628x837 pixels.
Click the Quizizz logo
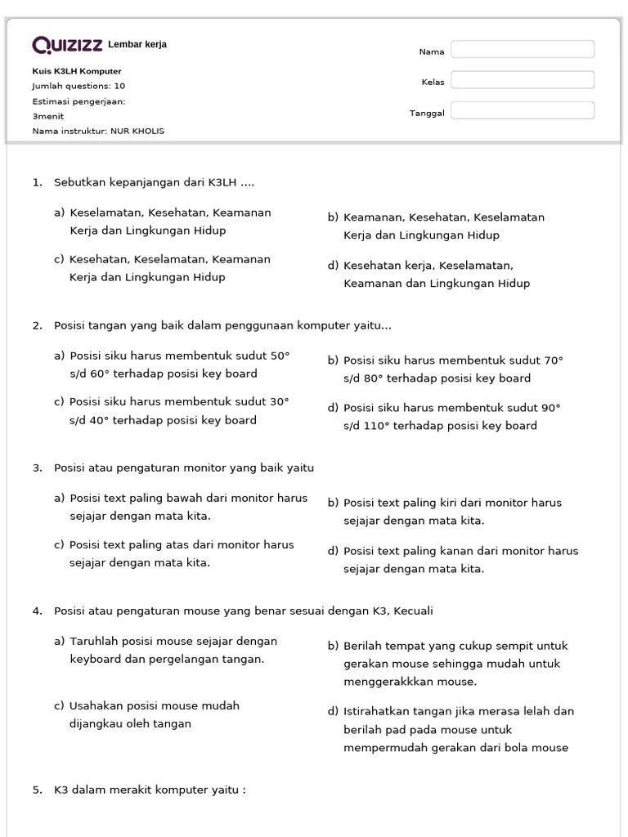pos(68,45)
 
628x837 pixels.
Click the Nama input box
pos(523,50)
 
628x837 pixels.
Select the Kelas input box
pos(523,80)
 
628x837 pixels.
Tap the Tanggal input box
pos(523,110)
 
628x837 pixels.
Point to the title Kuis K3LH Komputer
pos(77,71)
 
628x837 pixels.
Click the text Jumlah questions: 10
pos(78,86)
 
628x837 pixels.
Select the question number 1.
pos(37,182)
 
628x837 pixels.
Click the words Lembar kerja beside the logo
pos(137,44)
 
